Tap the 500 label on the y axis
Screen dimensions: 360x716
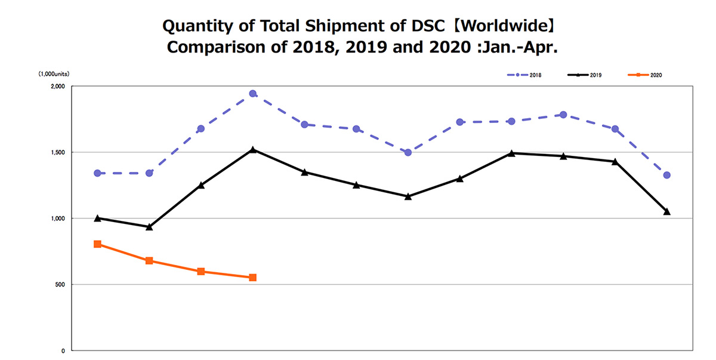(x=60, y=285)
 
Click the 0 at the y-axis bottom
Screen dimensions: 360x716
(x=63, y=350)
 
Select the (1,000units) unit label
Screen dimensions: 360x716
(x=53, y=74)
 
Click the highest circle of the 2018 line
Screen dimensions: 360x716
(x=253, y=94)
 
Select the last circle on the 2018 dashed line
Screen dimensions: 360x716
(x=667, y=175)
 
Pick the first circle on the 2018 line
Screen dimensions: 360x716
(x=97, y=173)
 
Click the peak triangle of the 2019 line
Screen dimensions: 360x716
(x=253, y=149)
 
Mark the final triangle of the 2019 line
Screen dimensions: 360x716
(x=667, y=211)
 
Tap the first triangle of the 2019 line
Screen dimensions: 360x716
(x=97, y=218)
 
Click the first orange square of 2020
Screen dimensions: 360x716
(x=97, y=244)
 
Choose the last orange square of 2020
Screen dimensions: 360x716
(x=253, y=278)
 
